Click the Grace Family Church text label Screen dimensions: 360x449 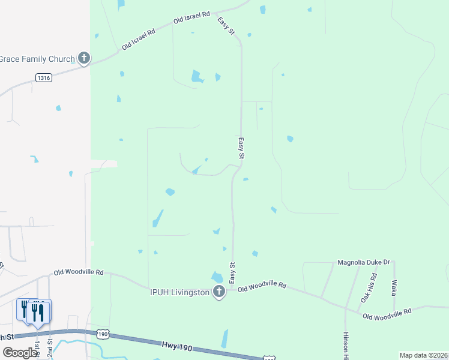(x=37, y=59)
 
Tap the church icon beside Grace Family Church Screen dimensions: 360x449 (x=84, y=58)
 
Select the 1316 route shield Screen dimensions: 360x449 (x=43, y=77)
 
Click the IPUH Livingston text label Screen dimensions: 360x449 (x=179, y=292)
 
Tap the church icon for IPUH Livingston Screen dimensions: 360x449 (x=219, y=292)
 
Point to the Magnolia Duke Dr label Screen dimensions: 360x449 (x=364, y=262)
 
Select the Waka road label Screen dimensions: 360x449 (x=394, y=287)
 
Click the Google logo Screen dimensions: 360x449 (x=20, y=353)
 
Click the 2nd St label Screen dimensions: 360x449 (x=50, y=347)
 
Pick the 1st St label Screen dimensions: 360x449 (x=37, y=348)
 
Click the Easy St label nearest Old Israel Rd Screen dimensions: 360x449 (x=226, y=25)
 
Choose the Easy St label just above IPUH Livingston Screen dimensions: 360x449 (x=232, y=273)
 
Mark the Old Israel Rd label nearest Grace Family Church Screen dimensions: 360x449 (x=139, y=38)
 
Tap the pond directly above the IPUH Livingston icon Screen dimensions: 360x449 (x=217, y=277)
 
